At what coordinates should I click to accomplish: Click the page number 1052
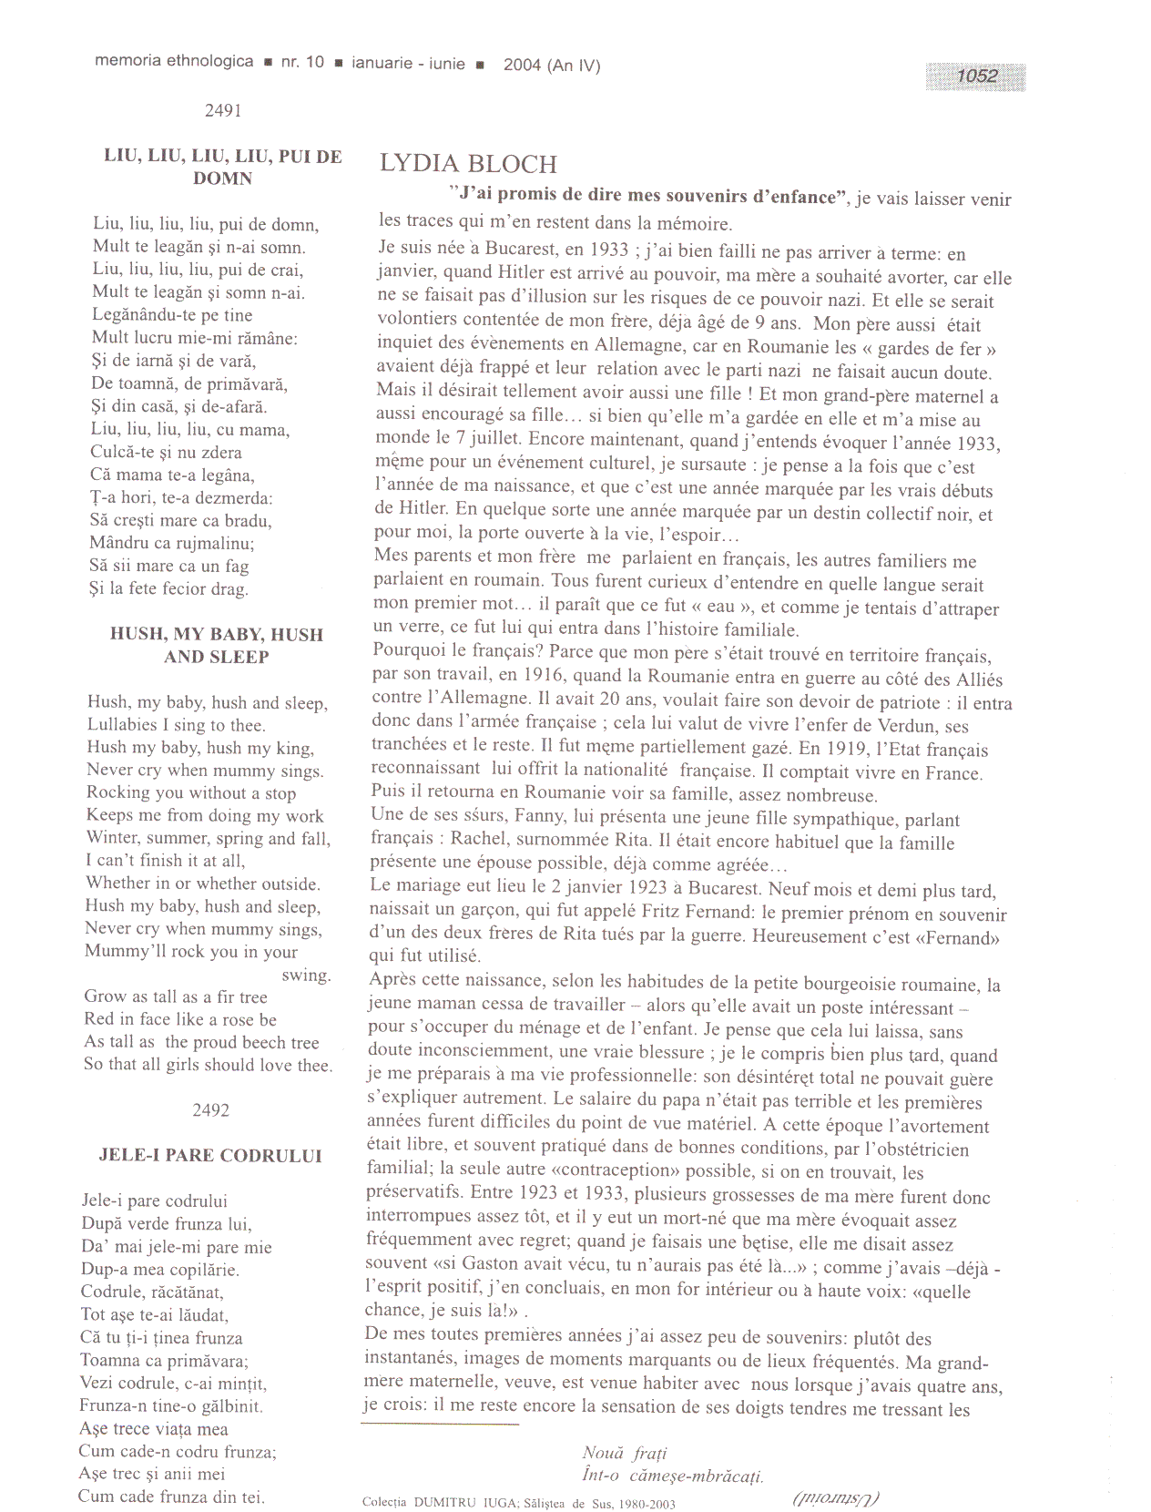[976, 77]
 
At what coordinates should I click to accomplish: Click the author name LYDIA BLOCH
[468, 164]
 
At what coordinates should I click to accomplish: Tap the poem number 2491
[223, 111]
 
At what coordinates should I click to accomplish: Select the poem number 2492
[210, 1110]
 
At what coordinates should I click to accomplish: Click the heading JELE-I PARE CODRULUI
[210, 1156]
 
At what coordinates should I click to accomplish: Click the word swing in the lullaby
[306, 975]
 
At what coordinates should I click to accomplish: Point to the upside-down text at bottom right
[836, 1497]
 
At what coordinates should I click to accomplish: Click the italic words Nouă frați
[625, 1454]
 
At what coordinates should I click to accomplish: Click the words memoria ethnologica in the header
[174, 62]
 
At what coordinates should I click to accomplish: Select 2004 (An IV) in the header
[552, 65]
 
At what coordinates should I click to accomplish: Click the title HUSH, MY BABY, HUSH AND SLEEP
[217, 646]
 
